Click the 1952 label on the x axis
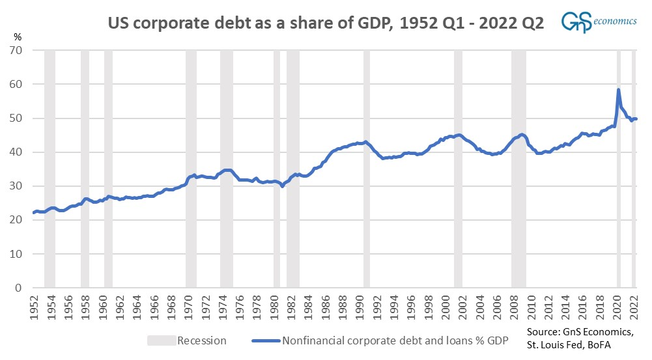(x=34, y=306)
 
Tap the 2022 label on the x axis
(x=634, y=306)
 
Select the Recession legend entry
(x=187, y=340)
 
